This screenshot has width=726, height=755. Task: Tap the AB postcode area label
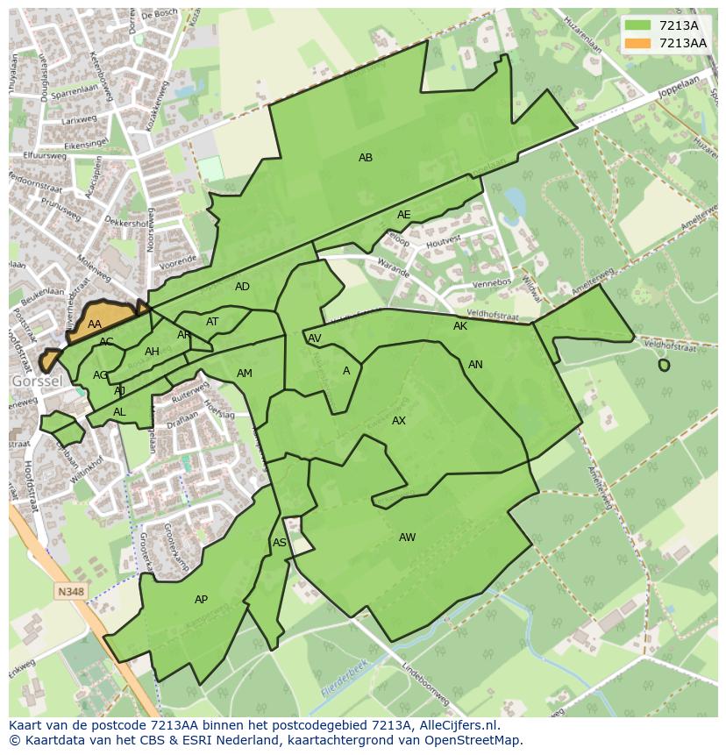coord(366,158)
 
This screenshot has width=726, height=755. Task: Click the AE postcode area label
coord(403,215)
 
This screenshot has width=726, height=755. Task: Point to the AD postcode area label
coord(242,287)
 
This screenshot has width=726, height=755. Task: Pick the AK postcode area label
coord(460,326)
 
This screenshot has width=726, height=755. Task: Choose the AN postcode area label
coord(475,365)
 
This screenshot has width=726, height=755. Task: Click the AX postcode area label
coord(399,421)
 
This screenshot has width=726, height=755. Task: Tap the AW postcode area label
coord(407,538)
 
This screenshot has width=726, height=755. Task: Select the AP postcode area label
coord(201,600)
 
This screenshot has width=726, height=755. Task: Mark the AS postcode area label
coord(279,543)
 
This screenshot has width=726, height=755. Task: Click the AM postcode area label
coord(244,374)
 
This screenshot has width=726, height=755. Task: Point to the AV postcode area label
coord(314,338)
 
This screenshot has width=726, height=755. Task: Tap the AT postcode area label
coord(212,322)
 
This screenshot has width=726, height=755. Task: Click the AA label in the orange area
coord(95,324)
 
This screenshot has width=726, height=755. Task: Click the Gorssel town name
coord(36,382)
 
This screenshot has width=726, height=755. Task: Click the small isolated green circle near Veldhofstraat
coord(664,365)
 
